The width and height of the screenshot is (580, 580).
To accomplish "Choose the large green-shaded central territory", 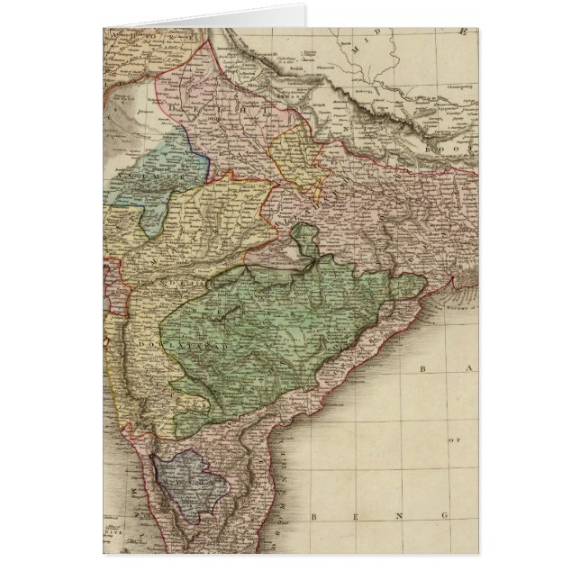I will [270, 333].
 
